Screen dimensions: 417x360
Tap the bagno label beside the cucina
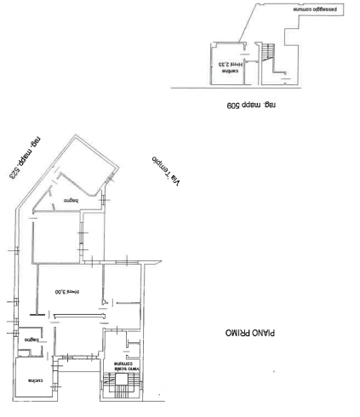[x=32, y=340]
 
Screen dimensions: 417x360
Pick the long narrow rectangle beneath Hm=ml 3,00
[x=76, y=316]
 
